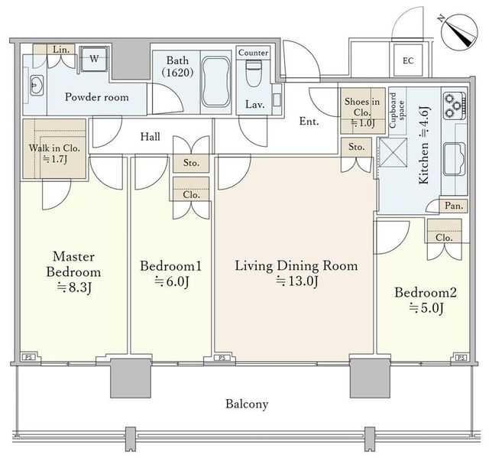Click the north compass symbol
pyautogui.click(x=459, y=31)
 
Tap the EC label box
pyautogui.click(x=408, y=60)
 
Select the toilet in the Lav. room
pyautogui.click(x=254, y=73)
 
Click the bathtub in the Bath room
pyautogui.click(x=216, y=82)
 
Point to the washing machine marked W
pyautogui.click(x=94, y=59)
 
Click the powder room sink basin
pyautogui.click(x=36, y=85)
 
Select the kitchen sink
pyautogui.click(x=455, y=159)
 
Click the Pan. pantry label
pyautogui.click(x=454, y=206)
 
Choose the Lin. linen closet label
pyautogui.click(x=61, y=49)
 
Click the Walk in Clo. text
pyautogui.click(x=54, y=148)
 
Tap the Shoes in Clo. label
pyautogui.click(x=362, y=107)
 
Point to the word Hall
pyautogui.click(x=151, y=136)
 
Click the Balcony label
pyautogui.click(x=247, y=404)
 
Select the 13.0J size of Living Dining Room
pyautogui.click(x=297, y=281)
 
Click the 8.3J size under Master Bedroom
pyautogui.click(x=74, y=287)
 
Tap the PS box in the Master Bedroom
pyautogui.click(x=29, y=357)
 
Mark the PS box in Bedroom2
pyautogui.click(x=461, y=358)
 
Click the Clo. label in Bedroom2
pyautogui.click(x=444, y=238)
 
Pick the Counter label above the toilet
pyautogui.click(x=253, y=53)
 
